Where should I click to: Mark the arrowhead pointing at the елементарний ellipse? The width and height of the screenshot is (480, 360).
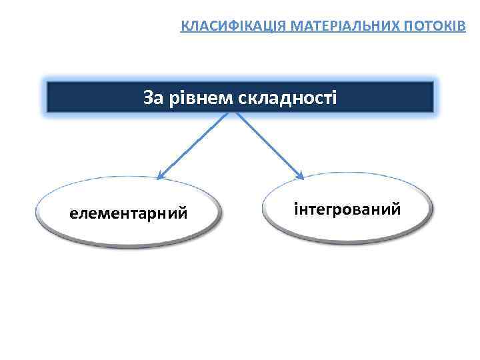[x=161, y=176]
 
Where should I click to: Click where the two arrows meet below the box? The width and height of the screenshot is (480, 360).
[x=231, y=113]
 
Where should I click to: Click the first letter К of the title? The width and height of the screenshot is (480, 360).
[x=185, y=27]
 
